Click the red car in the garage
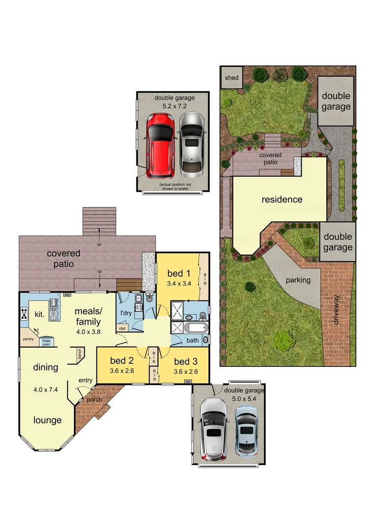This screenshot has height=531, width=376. pos(159,146)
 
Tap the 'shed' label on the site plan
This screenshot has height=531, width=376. pos(231,78)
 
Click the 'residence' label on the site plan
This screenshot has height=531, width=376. pos(282,200)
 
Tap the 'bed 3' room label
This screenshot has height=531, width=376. pos(186,363)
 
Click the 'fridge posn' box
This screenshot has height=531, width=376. pos(46,342)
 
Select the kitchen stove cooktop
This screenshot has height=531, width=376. pos(24,314)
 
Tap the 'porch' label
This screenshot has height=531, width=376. pos(94,399)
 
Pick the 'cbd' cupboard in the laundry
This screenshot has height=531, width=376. pos(122,328)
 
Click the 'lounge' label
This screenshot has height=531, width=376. pos(48,420)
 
